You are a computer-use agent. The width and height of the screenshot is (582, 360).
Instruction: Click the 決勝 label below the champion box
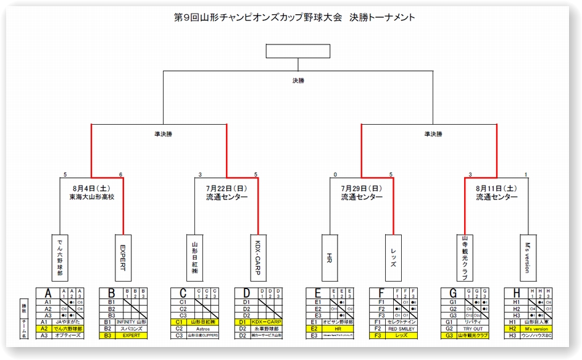click(298, 80)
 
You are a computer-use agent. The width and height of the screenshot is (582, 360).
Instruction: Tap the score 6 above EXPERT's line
click(121, 175)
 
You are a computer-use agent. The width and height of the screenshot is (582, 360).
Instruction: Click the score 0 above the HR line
click(335, 175)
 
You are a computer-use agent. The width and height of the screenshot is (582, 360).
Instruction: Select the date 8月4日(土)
click(91, 188)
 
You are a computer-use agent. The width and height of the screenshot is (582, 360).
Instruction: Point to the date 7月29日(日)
click(362, 188)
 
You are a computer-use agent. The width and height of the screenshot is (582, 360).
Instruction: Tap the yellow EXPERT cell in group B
click(131, 335)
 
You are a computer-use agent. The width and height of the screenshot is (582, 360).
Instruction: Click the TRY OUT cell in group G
click(472, 329)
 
